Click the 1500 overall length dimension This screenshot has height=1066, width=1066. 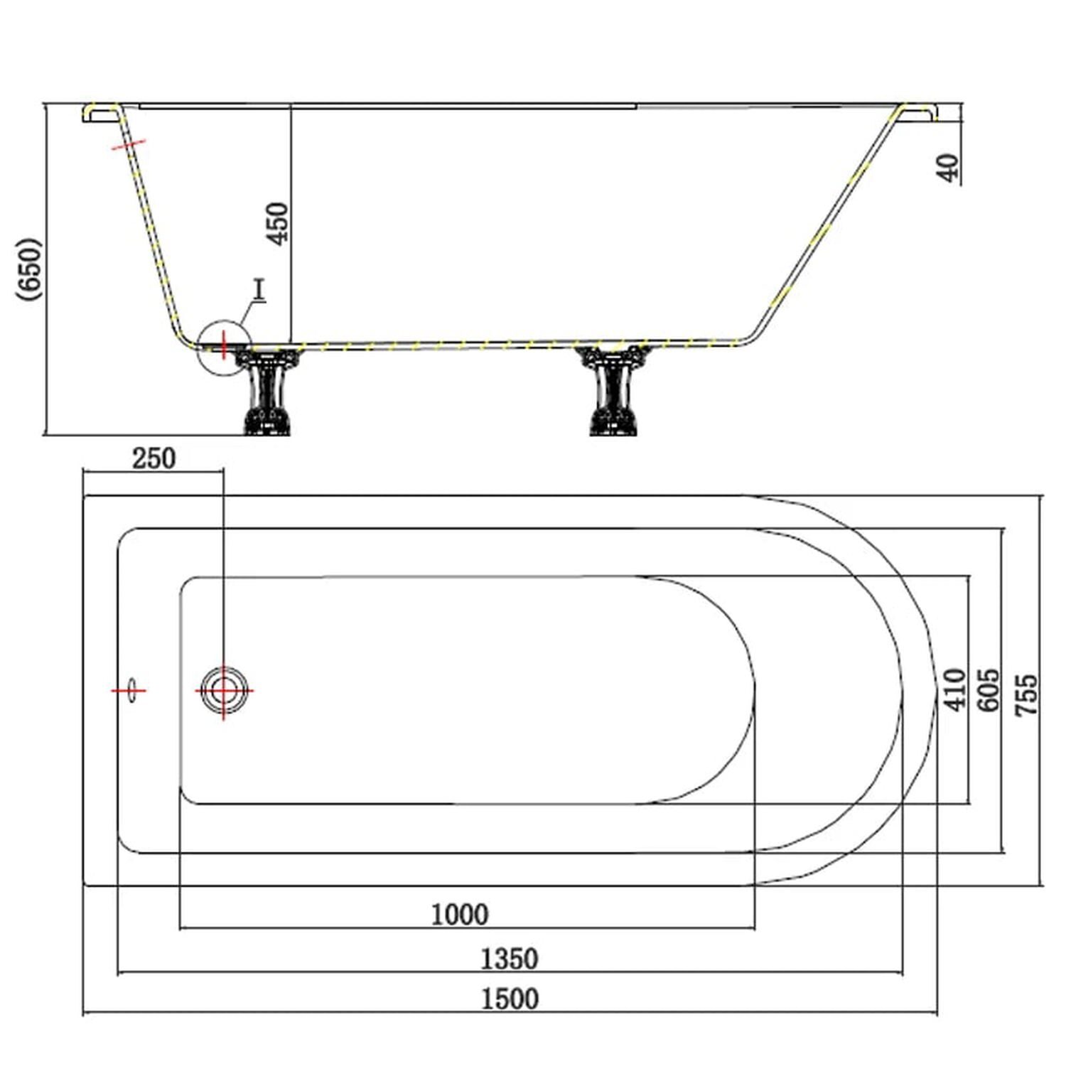tap(510, 998)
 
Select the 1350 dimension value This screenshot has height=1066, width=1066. tap(510, 959)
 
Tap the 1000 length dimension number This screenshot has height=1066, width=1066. tap(460, 914)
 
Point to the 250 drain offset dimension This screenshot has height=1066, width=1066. tap(154, 458)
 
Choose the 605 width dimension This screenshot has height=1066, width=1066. tap(989, 689)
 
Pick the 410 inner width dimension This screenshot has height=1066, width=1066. tap(954, 689)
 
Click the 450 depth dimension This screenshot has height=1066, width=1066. tap(278, 223)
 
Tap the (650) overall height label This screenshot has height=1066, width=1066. tap(30, 269)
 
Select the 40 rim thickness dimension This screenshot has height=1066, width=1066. tap(948, 168)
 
